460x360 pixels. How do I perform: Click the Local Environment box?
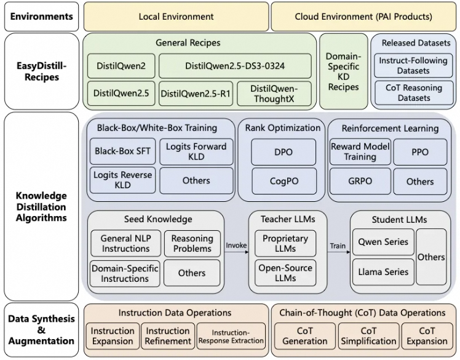click(176, 17)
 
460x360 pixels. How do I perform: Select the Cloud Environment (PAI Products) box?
click(363, 17)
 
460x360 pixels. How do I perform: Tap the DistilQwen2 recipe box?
click(121, 66)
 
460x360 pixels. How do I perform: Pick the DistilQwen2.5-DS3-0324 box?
click(235, 66)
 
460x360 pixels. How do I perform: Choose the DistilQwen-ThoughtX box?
click(274, 94)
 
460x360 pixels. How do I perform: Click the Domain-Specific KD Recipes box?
click(344, 71)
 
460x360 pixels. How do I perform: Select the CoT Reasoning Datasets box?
click(414, 93)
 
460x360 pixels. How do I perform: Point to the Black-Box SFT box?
click(122, 151)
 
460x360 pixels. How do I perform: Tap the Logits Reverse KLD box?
click(122, 180)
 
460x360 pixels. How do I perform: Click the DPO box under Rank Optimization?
click(284, 152)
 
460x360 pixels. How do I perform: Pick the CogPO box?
click(284, 181)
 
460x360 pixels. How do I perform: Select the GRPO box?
click(360, 181)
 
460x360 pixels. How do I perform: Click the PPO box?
click(420, 152)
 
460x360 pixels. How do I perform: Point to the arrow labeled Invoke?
click(236, 252)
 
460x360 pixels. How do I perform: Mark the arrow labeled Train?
click(339, 252)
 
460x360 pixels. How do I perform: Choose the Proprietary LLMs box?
click(285, 244)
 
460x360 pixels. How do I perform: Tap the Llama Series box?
click(383, 272)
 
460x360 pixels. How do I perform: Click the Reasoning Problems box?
click(192, 244)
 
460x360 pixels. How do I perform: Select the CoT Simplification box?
click(368, 336)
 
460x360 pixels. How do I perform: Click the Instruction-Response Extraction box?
click(231, 336)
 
